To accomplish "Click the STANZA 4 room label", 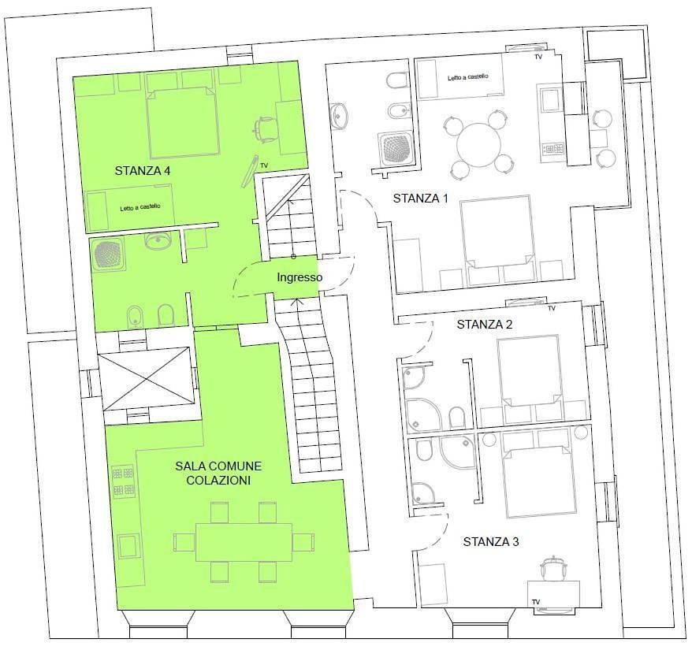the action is tap(143, 171).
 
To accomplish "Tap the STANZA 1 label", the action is tap(420, 199).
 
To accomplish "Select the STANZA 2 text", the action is tap(485, 325).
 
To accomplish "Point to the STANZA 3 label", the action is tap(491, 541).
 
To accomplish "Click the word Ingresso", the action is tap(299, 277).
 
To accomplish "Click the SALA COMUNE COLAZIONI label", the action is tap(218, 473).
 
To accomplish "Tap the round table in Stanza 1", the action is tap(479, 145).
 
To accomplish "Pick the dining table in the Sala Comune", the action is tap(244, 542).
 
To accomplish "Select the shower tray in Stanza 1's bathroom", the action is tap(396, 149).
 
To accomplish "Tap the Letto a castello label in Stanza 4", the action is tap(140, 207).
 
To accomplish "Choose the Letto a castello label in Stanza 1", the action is tap(468, 76).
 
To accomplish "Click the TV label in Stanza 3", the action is tap(536, 602).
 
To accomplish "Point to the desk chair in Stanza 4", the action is tap(266, 129).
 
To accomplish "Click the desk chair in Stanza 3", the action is tap(553, 568).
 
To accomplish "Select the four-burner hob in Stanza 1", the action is tap(552, 148).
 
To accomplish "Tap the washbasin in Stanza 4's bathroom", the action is tap(158, 241).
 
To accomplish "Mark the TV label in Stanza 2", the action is tap(551, 308).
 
